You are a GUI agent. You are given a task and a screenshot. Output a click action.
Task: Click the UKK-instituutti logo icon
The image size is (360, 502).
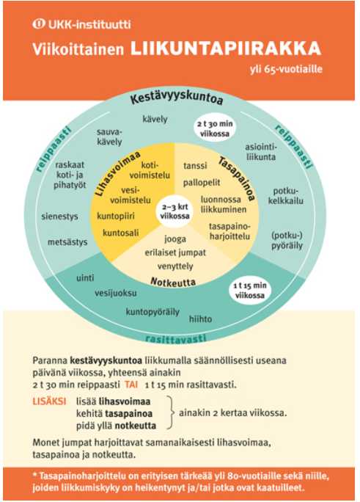click(38, 24)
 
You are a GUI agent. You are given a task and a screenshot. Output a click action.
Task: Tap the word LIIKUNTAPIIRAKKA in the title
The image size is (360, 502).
click(225, 48)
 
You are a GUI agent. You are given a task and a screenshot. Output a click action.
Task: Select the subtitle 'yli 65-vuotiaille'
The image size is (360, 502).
click(286, 69)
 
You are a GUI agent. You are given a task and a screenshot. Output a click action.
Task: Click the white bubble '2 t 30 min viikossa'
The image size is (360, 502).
click(215, 128)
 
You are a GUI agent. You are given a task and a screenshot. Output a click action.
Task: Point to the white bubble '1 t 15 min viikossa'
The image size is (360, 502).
click(250, 291)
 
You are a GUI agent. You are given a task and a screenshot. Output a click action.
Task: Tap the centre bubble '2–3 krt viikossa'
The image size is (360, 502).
click(175, 211)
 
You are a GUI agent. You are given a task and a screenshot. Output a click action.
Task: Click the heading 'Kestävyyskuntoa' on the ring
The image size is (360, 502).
click(177, 98)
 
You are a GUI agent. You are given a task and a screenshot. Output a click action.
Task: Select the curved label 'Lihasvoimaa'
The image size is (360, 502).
click(117, 173)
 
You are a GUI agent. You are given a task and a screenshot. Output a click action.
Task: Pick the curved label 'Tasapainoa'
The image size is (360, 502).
click(237, 178)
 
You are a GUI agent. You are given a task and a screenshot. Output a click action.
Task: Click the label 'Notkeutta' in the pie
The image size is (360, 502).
click(173, 283)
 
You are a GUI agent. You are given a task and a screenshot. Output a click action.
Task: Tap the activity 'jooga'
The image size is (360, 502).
click(175, 239)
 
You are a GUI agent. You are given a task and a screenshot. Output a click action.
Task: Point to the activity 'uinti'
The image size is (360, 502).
click(85, 278)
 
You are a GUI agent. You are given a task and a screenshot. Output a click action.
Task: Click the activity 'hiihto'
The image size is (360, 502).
click(200, 319)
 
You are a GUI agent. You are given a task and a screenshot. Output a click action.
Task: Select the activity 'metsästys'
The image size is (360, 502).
click(67, 242)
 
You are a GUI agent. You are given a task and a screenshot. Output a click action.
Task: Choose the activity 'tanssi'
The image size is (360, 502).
click(195, 166)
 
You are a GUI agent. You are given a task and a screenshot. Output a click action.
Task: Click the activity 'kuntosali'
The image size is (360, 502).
click(120, 233)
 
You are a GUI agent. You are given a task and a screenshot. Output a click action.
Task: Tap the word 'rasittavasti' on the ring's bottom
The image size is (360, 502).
click(176, 339)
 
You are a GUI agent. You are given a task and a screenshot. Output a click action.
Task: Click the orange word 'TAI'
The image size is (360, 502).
click(131, 384)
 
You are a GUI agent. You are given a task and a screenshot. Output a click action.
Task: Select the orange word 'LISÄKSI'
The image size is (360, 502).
click(49, 401)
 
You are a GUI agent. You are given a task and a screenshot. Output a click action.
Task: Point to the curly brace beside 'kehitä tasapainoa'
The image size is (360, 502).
click(171, 412)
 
